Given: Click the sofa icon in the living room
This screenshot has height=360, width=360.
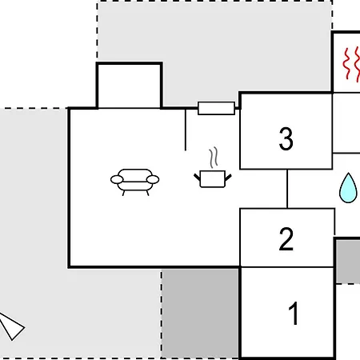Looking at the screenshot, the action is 134,182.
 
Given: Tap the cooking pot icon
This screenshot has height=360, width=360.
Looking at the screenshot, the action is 213,179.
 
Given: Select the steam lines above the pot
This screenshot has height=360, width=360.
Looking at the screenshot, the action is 214,158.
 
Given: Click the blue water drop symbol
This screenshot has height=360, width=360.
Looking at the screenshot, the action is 348,188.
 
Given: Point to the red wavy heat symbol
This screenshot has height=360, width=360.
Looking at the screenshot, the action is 352,64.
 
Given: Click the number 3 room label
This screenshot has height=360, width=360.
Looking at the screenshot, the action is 286,138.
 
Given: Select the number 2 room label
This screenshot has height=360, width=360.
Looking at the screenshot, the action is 286,239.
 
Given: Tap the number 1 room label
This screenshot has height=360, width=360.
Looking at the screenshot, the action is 294,314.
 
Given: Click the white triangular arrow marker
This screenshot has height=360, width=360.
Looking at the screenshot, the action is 11,326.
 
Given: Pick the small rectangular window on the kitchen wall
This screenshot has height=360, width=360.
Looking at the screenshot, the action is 216,108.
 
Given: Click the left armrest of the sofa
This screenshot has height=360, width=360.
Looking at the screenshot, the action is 117,179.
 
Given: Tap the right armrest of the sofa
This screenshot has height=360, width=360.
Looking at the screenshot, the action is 153,179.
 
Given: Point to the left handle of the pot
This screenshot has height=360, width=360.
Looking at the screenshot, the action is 197,177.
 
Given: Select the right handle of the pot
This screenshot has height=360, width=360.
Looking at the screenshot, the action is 228,177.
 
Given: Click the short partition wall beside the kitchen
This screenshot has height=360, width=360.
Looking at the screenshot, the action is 186,130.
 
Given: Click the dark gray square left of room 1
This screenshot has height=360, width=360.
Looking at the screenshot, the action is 200,314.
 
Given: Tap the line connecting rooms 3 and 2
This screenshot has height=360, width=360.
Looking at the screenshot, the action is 287,189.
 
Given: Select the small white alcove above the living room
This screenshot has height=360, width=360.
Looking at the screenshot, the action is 130,86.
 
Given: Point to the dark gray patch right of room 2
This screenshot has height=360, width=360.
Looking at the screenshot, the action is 348,262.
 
